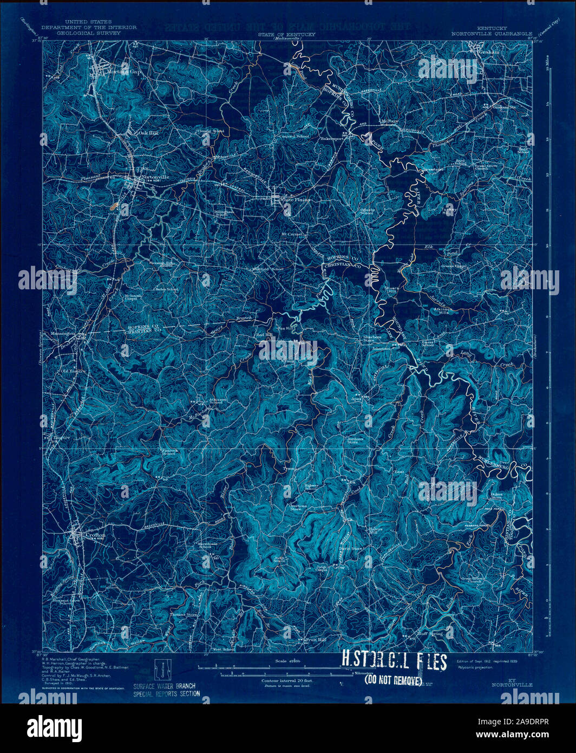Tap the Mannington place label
click(x=63, y=334)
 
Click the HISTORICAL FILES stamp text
click(x=394, y=662)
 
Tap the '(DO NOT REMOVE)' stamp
click(x=392, y=680)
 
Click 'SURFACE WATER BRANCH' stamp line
click(x=164, y=685)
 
